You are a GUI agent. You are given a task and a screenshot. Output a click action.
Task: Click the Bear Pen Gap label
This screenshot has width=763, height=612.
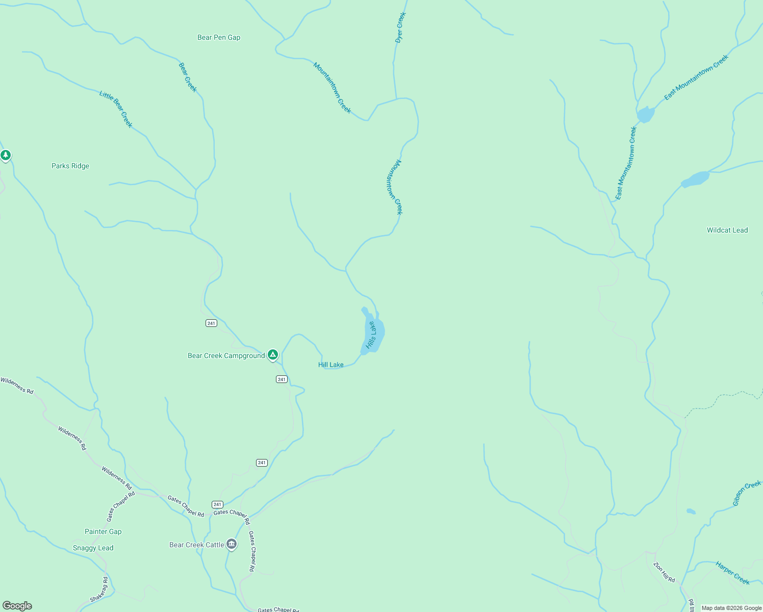pos(219,37)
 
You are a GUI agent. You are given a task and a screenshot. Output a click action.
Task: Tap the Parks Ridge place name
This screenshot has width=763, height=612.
pos(70,166)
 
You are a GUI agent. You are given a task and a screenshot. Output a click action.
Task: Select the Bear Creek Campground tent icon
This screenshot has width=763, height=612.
pos(273,354)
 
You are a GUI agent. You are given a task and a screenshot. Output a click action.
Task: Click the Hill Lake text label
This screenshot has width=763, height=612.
pos(331,365)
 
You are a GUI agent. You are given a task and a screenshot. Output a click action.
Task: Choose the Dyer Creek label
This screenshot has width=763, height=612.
pos(400,28)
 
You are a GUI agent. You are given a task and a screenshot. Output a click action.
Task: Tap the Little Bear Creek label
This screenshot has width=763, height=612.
pos(116,109)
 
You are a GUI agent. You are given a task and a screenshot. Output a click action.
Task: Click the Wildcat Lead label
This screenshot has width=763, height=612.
pos(727,230)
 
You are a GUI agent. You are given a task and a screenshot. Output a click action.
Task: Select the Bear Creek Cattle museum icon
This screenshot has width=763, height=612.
pos(232,544)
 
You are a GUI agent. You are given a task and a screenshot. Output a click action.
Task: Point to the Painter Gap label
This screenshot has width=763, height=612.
pos(103,531)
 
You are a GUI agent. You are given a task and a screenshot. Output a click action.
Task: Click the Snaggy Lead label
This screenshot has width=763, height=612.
pos(93,548)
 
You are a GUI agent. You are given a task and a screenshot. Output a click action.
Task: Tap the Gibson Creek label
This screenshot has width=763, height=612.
pos(747,493)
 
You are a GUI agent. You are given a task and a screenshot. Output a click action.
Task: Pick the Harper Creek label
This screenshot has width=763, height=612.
pos(732,573)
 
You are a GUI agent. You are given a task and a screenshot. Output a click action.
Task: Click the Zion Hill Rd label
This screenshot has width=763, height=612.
pos(665,572)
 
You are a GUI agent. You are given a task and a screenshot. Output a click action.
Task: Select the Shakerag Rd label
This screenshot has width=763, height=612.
pos(99,590)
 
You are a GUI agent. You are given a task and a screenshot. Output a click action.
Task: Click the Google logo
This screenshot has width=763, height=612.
pos(17,606)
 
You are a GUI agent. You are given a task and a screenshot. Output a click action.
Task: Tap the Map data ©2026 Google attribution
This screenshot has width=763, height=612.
pos(731,608)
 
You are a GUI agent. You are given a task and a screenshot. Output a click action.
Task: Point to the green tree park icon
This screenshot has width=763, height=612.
pos(6,155)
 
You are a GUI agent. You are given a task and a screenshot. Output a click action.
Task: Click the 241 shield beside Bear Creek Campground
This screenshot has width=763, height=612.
pos(282,379)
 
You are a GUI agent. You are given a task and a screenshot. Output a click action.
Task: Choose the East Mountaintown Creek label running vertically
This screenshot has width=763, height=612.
pos(626,163)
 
